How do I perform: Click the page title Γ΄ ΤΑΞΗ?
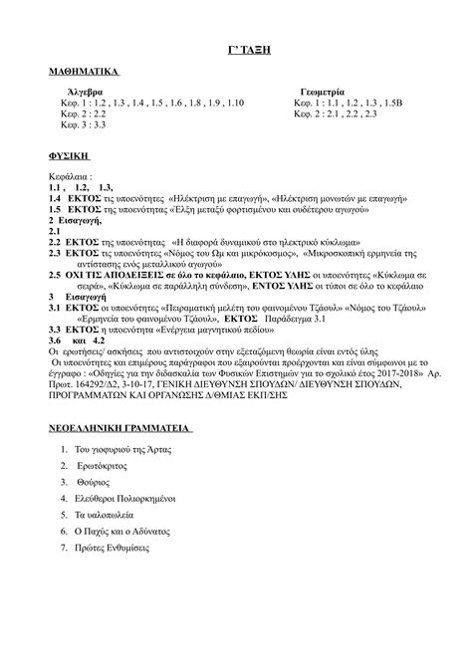click(x=235, y=50)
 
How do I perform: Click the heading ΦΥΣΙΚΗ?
click(x=70, y=157)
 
